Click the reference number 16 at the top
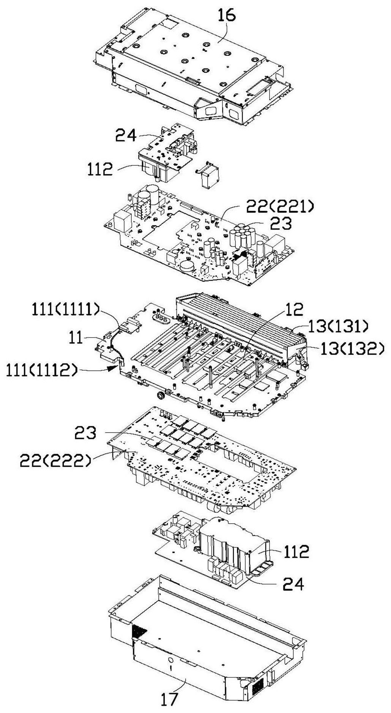click(227, 15)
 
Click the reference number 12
click(294, 310)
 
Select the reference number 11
click(75, 337)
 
